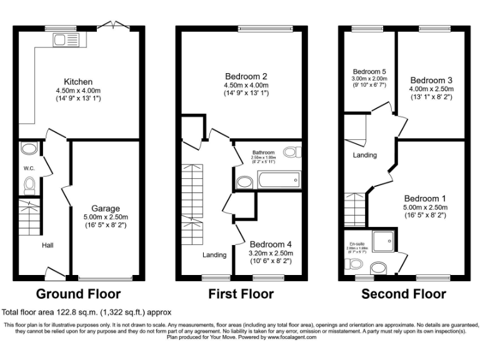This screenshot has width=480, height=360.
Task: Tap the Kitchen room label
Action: pos(78,82)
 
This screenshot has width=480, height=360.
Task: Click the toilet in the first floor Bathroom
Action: pos(292,152)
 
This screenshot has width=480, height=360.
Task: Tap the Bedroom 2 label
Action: pos(243,76)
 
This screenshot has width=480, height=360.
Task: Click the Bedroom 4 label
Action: pos(271,244)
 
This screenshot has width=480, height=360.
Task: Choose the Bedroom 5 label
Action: pos(369,72)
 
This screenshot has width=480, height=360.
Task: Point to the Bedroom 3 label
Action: pos(431,80)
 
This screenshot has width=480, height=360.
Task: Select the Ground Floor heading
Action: pos(78,294)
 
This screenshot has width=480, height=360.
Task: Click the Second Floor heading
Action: pos(404,294)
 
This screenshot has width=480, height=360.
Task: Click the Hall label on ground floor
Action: pos(47,245)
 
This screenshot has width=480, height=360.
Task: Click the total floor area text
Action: pos(86,312)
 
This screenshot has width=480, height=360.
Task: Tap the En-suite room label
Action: pos(356,243)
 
